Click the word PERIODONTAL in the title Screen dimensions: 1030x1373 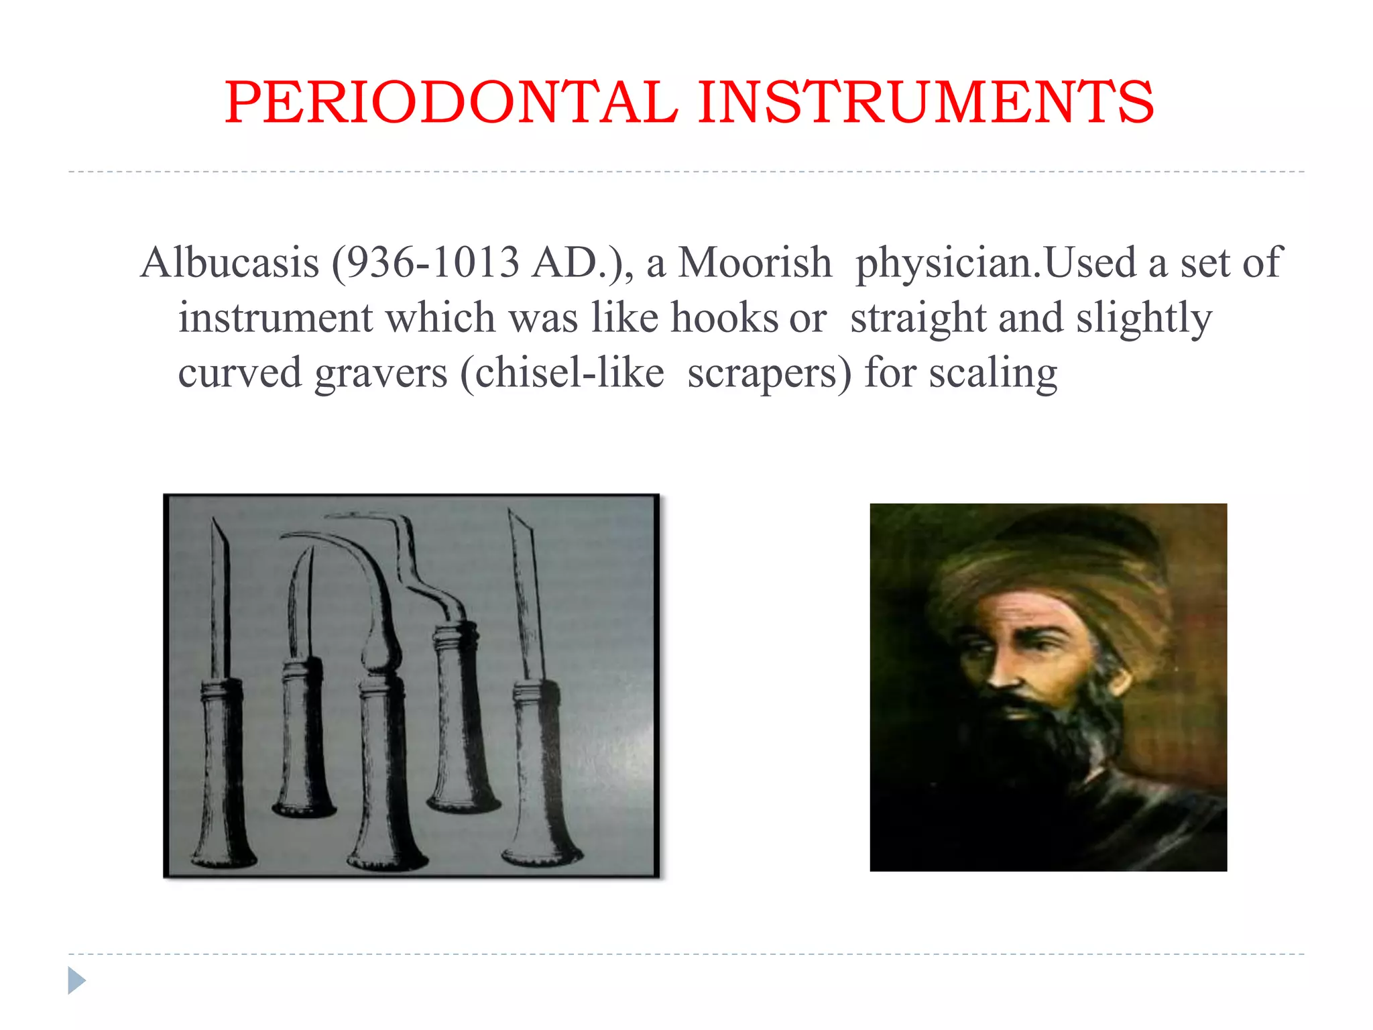click(451, 103)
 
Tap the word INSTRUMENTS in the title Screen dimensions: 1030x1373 click(926, 103)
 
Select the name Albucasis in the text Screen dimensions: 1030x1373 click(230, 262)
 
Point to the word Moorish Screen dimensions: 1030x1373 click(755, 262)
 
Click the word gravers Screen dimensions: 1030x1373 click(380, 373)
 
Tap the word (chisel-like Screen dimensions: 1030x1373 click(562, 373)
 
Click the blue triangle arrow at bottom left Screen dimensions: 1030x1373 click(76, 980)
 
